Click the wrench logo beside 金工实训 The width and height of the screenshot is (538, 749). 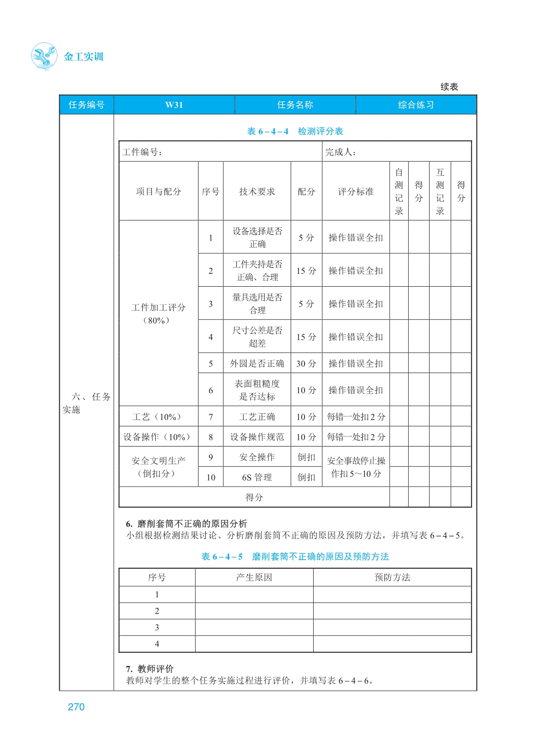(x=44, y=56)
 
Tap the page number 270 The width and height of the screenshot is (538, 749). (x=76, y=707)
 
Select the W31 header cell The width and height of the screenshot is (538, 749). (x=174, y=105)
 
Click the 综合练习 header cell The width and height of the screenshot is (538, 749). (x=416, y=105)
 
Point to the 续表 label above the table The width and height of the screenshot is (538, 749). (x=449, y=87)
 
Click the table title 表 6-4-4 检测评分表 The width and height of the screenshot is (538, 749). (x=295, y=131)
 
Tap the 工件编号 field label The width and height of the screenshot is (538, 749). (x=142, y=152)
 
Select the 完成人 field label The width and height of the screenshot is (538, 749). (x=340, y=152)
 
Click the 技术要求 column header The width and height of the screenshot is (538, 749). (x=257, y=191)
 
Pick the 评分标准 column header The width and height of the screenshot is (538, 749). (x=356, y=191)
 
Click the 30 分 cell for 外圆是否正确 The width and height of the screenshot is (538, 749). (x=306, y=364)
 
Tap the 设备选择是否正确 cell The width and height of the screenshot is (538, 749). (x=257, y=238)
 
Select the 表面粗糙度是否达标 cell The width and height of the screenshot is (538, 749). (x=257, y=390)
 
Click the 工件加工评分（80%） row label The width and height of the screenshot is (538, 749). (x=158, y=313)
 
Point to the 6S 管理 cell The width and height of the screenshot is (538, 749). (x=257, y=477)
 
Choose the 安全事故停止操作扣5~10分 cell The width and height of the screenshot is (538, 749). (x=356, y=467)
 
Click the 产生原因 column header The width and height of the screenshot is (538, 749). (x=254, y=577)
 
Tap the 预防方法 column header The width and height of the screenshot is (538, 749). (x=392, y=577)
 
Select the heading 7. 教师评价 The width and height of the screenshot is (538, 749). (x=150, y=668)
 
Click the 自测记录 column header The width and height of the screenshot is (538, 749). (x=399, y=191)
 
